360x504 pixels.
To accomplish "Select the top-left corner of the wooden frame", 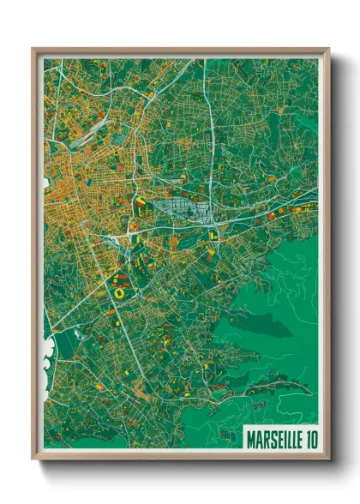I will [33, 50].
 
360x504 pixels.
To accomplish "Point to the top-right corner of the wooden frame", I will [328, 50].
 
